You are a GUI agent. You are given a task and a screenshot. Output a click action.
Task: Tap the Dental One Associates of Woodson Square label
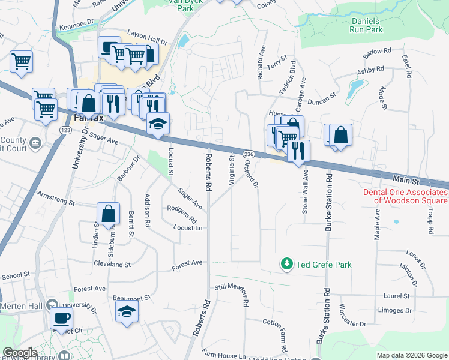[405, 196]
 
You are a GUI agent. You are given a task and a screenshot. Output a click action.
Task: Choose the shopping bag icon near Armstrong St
[108, 213]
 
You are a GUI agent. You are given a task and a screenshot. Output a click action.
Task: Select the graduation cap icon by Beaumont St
[127, 311]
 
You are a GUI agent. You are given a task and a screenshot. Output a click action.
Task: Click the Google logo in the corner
[20, 353]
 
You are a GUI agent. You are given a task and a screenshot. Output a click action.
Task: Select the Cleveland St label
[112, 264]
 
